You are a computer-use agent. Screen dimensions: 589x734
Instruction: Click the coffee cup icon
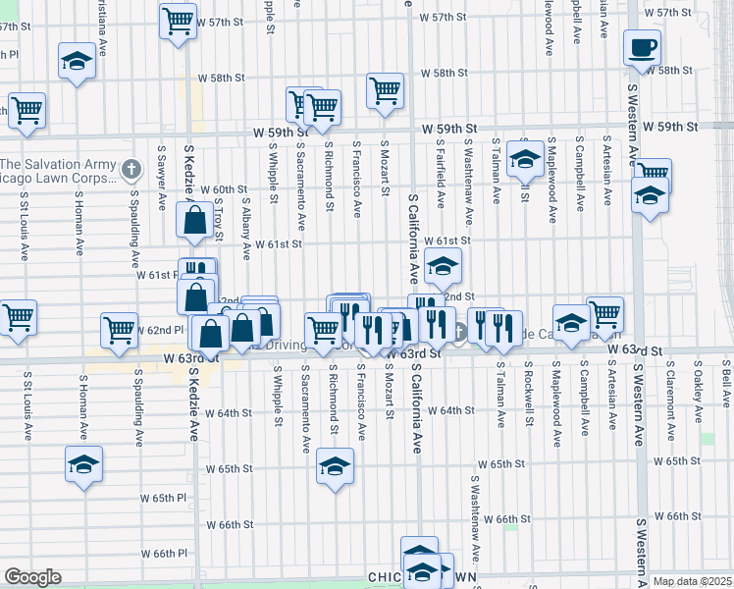tap(642, 47)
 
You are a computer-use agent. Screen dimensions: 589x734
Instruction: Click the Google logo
tap(32, 577)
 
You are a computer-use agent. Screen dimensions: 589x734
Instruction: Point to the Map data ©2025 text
tap(692, 581)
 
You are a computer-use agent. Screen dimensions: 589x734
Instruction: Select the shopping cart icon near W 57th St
tap(178, 21)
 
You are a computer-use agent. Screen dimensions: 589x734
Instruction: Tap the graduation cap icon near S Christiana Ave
tap(77, 62)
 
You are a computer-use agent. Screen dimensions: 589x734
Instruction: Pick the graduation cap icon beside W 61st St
tap(443, 265)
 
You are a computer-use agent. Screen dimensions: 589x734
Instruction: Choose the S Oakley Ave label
tap(698, 391)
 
